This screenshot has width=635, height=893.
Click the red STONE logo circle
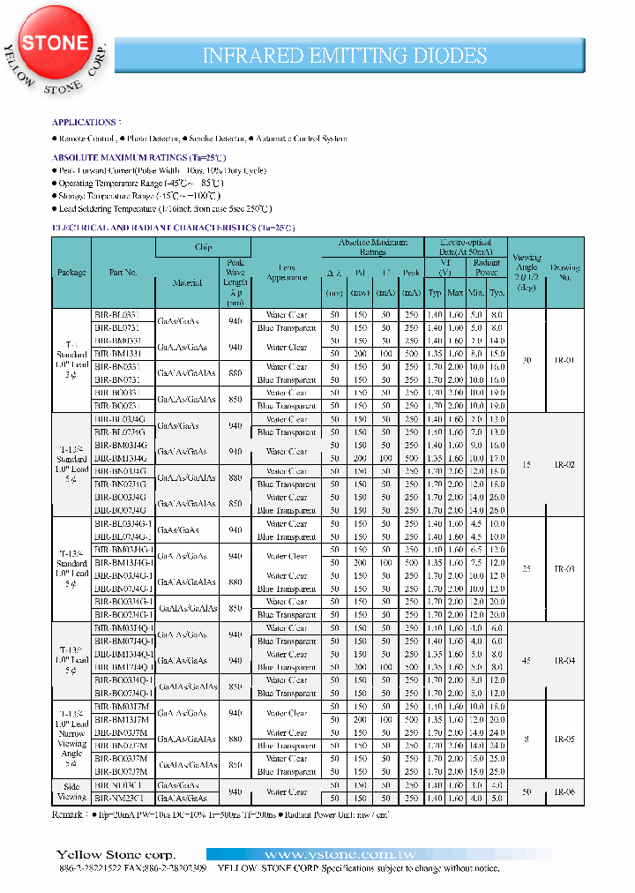pos(55,43)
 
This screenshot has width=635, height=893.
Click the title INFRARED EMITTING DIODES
pos(345,55)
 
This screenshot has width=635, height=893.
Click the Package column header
pos(71,273)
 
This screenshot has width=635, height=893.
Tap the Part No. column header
pos(123,273)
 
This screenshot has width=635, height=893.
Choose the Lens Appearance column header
pos(287,273)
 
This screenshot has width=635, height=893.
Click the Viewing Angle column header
pos(526,273)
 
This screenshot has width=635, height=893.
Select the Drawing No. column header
pos(564,273)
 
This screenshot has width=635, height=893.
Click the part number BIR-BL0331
pos(116,315)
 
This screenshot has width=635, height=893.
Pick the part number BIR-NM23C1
pos(118,798)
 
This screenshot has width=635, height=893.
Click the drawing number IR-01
pos(564,360)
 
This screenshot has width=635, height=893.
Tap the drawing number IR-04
pos(564,660)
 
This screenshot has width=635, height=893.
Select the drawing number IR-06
pos(564,792)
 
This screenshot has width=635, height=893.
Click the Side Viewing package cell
pos(71,792)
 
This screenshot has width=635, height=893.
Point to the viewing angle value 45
pos(526,660)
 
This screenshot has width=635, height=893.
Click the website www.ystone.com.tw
pos(328,855)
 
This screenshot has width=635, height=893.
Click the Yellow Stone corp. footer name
pos(116,855)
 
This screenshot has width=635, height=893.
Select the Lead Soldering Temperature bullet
pos(164,209)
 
